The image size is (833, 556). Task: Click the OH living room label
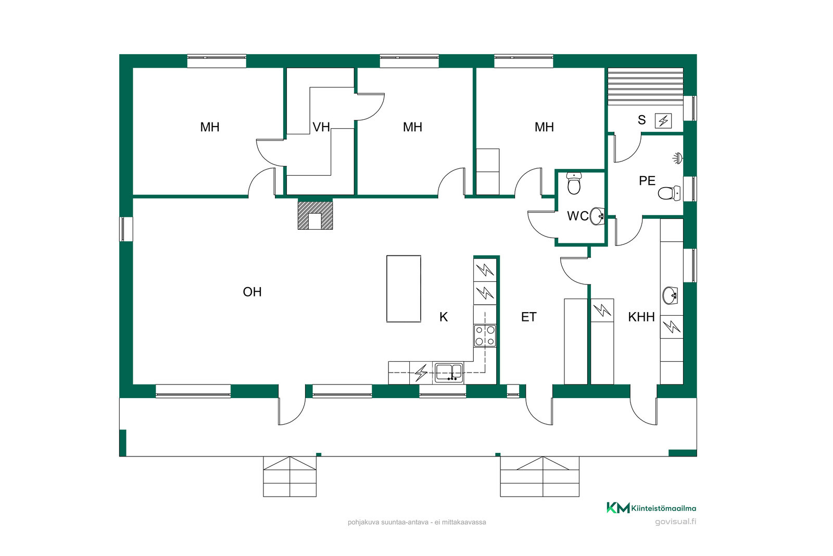tap(252, 292)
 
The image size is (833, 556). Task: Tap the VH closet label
tap(321, 127)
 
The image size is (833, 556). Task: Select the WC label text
tap(577, 216)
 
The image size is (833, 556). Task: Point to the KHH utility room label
tap(641, 317)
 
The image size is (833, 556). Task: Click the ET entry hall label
tap(529, 317)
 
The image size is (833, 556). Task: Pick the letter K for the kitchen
tap(444, 317)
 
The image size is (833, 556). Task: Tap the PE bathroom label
tap(647, 181)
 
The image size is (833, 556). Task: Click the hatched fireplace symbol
tap(315, 215)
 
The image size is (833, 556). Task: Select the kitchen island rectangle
tap(403, 289)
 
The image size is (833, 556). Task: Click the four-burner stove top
tap(485, 336)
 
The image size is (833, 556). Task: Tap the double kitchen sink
tap(449, 372)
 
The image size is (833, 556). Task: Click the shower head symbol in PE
tap(678, 158)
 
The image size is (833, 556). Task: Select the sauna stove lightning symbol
tap(663, 121)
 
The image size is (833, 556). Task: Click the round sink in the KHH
tap(671, 296)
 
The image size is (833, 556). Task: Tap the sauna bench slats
tap(646, 87)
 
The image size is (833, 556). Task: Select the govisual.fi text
tap(675, 522)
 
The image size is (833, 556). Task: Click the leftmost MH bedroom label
tap(210, 127)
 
